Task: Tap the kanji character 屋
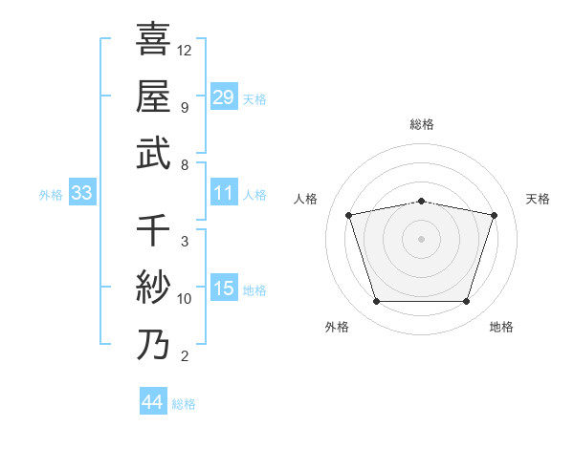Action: pos(153,96)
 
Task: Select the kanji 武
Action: pos(153,153)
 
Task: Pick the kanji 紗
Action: pos(153,287)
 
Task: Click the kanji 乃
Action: pos(153,344)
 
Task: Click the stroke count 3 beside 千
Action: pos(184,241)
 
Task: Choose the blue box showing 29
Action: pos(224,97)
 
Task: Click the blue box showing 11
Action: pos(224,194)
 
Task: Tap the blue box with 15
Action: pos(224,289)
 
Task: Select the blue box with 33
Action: pos(82,194)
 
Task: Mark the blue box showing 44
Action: pos(153,403)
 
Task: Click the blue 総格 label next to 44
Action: pos(184,404)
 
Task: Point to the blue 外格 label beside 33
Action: pos(51,195)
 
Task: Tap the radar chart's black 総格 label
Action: pos(421,125)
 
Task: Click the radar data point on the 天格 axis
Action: pos(495,215)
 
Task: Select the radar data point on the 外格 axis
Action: pos(376,302)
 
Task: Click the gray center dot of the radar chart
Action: pos(421,239)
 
